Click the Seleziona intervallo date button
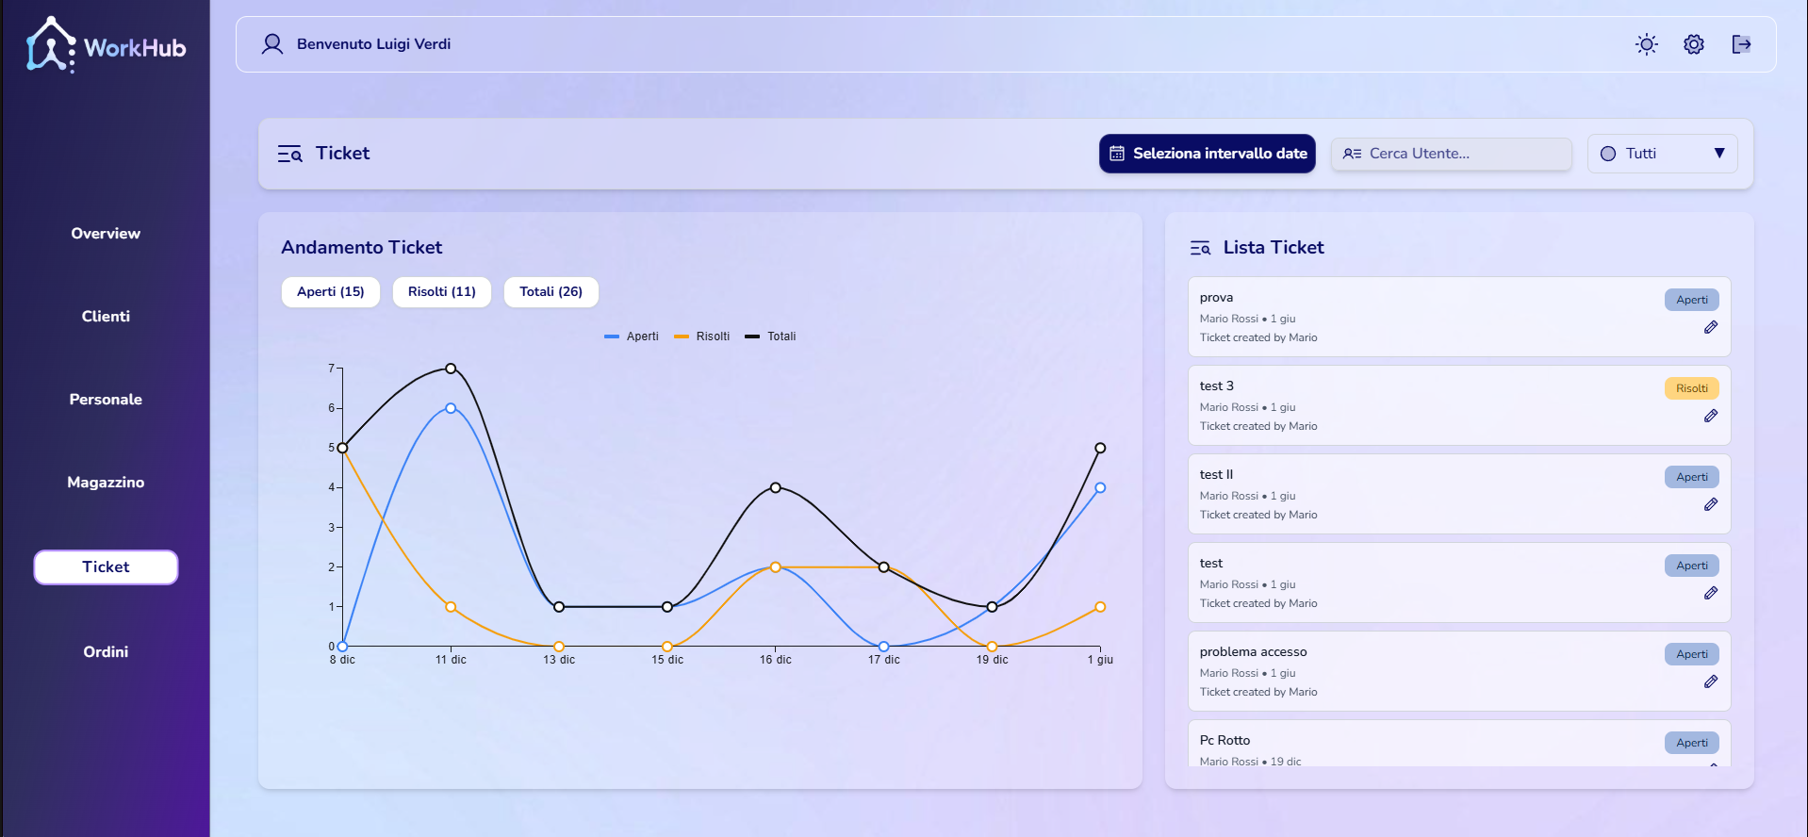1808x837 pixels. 1207,154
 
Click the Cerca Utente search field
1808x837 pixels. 1451,154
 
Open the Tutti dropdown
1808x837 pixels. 1662,154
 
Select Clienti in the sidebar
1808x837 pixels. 106,317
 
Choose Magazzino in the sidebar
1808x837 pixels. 106,483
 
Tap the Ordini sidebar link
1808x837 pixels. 106,652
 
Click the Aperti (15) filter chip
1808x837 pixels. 331,292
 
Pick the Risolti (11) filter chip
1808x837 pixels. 442,292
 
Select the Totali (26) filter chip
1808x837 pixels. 551,292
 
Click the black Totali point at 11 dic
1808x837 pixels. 451,369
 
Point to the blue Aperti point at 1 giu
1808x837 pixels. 1100,487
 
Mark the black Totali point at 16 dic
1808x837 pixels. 776,487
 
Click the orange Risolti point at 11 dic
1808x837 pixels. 451,607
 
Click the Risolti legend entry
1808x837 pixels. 702,336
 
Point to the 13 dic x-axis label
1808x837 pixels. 559,660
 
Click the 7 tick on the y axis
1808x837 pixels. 332,369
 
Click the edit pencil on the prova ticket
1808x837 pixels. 1711,327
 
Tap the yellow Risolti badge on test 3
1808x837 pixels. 1692,388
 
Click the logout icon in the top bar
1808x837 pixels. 1741,44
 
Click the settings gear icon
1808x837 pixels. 1694,44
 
